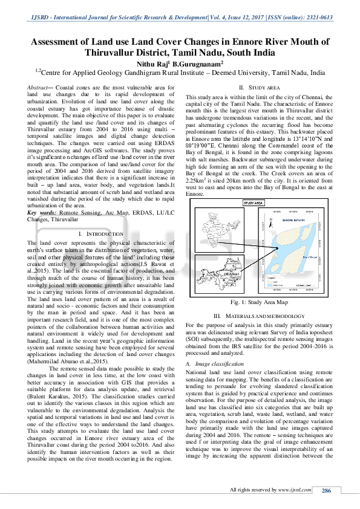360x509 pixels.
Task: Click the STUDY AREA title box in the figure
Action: [x=254, y=204]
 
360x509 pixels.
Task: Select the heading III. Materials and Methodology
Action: [x=261, y=316]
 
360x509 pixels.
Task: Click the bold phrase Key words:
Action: [x=44, y=213]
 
